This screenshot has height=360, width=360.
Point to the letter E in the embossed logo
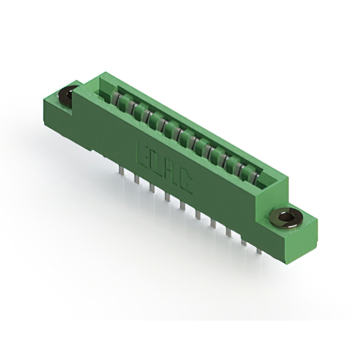143,154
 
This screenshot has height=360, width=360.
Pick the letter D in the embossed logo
156,163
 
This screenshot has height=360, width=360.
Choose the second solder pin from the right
244,241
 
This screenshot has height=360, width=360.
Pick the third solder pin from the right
229,231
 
